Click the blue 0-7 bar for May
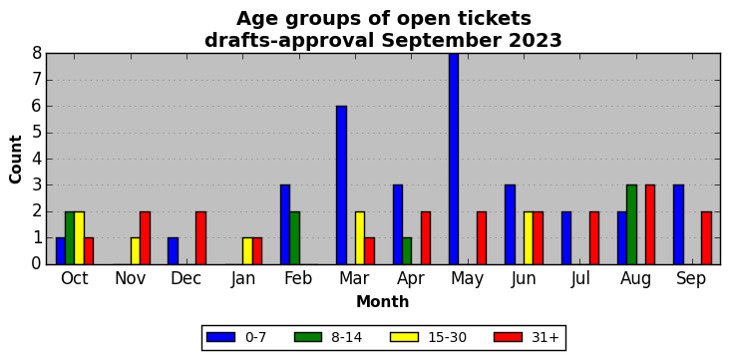[x=454, y=159]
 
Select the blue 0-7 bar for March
[x=341, y=185]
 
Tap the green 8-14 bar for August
[x=631, y=225]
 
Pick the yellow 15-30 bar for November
[x=136, y=251]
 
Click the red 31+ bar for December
[x=201, y=238]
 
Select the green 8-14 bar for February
[x=295, y=238]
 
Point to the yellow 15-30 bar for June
[x=529, y=238]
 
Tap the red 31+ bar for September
[x=706, y=238]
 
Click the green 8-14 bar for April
[x=407, y=251]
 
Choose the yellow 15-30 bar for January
[x=247, y=251]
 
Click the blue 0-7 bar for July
[x=566, y=238]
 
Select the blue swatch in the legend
[x=219, y=337]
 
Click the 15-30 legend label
[x=448, y=338]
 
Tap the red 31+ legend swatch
[x=508, y=337]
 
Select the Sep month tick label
[x=691, y=279]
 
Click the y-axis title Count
[x=16, y=160]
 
